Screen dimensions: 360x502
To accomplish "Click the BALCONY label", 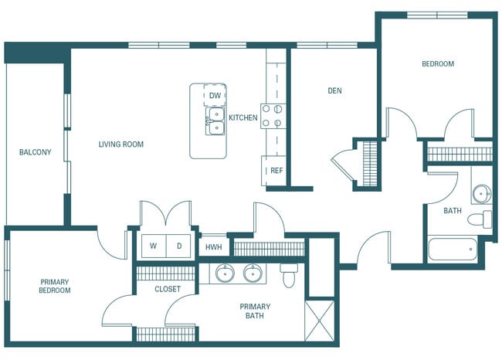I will pos(35,152).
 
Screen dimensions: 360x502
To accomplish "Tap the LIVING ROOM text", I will pos(120,144).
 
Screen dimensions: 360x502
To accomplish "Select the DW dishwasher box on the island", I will pos(215,96).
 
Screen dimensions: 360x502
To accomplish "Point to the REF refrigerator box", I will pos(276,170).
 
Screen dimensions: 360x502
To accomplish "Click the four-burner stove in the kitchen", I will pos(272,116).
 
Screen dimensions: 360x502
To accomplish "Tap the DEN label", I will pos(334,90).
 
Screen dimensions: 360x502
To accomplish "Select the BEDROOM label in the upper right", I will pos(437,64).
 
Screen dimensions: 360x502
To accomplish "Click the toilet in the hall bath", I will pos(480,219).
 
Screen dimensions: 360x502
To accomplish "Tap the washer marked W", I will pos(152,246).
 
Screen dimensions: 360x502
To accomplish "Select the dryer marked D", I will pos(178,246).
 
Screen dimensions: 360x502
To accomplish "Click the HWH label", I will pos(213,248).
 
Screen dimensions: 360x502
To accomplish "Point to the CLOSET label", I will pos(167,289).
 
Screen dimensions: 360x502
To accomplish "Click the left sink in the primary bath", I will pos(225,273).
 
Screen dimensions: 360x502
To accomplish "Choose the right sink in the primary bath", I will pos(253,273).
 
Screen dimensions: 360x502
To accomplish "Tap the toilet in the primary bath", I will pos(290,274).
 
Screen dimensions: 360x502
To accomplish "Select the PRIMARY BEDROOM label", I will pos(55,286).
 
